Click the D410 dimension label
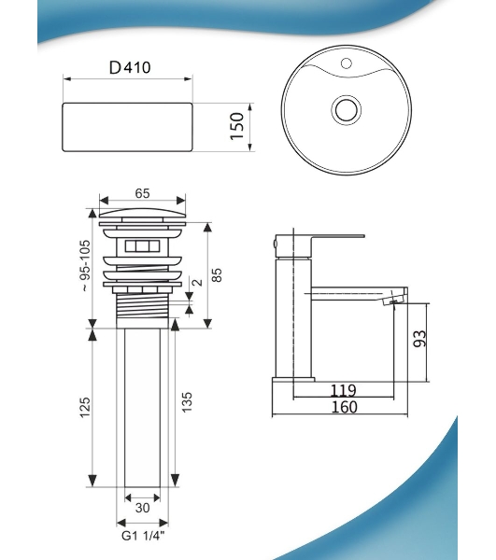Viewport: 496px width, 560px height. point(130,67)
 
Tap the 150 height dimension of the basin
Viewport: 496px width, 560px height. point(237,126)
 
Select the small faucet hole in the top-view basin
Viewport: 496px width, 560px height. point(346,63)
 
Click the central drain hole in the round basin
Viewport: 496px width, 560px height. point(346,109)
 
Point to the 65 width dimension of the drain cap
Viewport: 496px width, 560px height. point(142,193)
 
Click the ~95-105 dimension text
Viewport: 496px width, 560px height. point(85,266)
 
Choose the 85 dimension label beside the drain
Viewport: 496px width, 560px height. point(217,275)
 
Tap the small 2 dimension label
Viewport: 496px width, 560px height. point(197,283)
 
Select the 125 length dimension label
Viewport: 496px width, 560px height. point(85,408)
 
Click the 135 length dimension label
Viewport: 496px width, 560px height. point(187,402)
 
